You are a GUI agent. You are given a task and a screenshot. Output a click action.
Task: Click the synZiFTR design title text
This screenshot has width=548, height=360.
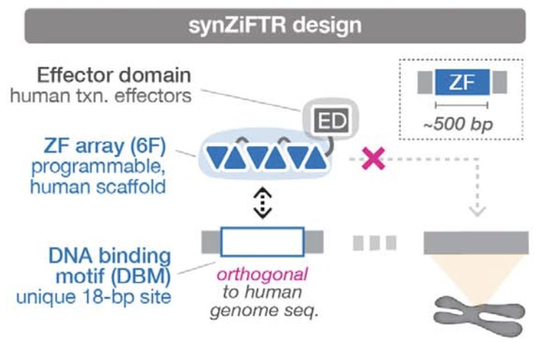click(x=275, y=25)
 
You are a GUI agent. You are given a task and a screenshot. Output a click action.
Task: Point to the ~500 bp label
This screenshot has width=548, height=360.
click(x=462, y=123)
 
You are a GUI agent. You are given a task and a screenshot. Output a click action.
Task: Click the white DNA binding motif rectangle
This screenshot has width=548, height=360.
click(x=262, y=241)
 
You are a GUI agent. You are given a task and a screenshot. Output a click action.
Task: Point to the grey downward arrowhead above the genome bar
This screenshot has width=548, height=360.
click(x=477, y=210)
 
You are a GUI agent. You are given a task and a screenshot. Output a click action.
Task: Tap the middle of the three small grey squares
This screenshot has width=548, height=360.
click(x=374, y=243)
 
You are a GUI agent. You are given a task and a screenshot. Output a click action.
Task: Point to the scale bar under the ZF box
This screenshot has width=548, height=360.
click(x=461, y=106)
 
